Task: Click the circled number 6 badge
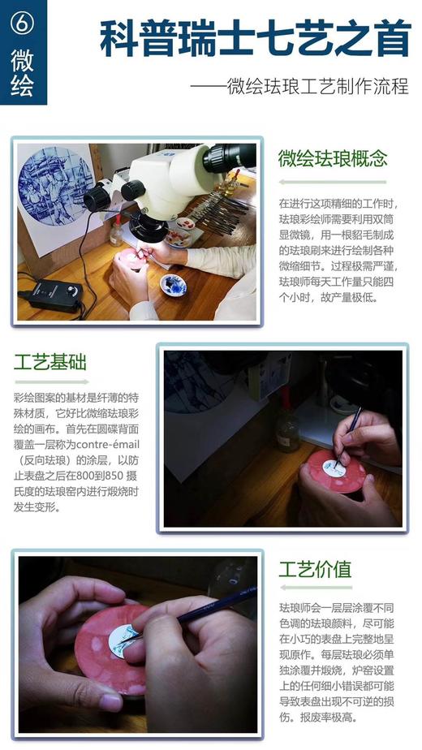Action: tap(23, 24)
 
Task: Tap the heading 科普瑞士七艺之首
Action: tap(254, 39)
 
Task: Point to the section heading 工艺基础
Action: tap(51, 362)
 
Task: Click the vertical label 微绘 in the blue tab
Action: tap(23, 74)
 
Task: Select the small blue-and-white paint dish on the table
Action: tap(174, 284)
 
